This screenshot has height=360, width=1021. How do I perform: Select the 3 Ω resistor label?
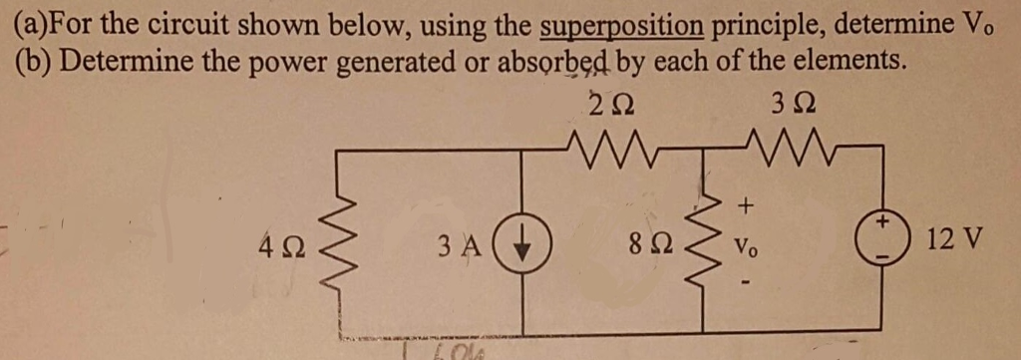pyautogui.click(x=793, y=104)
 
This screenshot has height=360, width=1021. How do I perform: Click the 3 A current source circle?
pyautogui.click(x=523, y=241)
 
